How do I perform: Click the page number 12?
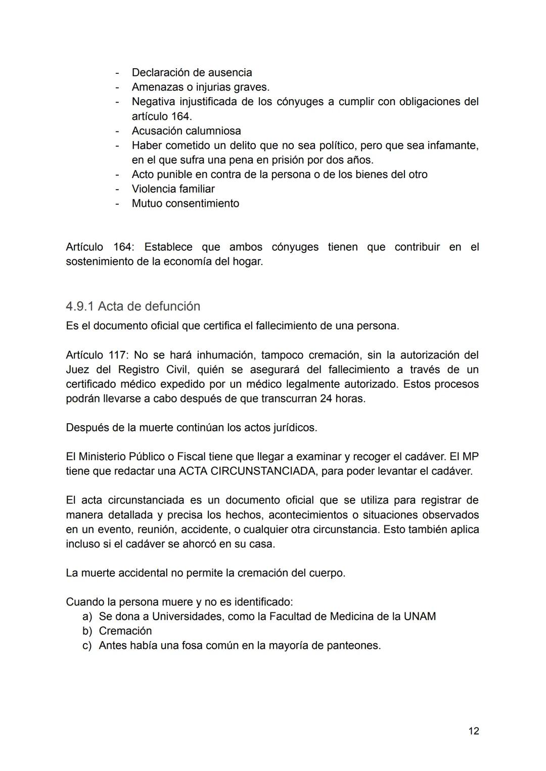click(473, 731)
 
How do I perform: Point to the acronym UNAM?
click(420, 616)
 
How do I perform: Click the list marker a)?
click(87, 616)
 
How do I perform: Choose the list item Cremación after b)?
click(125, 631)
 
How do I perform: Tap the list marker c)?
click(87, 646)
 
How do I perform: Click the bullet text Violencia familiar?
click(173, 189)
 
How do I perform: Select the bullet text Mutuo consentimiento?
click(185, 204)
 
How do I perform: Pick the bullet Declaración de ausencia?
click(192, 73)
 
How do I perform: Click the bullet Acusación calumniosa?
click(186, 131)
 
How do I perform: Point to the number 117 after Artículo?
click(118, 355)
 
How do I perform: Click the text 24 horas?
click(342, 398)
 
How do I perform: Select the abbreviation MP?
click(470, 457)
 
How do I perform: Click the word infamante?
click(452, 146)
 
